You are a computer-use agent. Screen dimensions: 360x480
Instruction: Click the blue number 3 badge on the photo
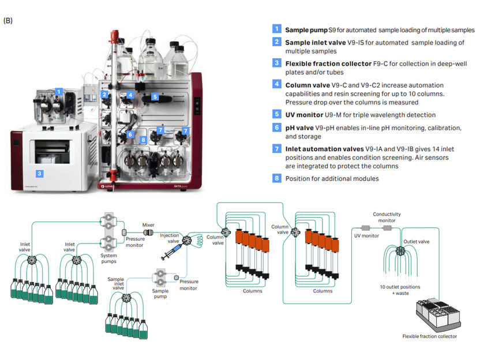[x=39, y=173]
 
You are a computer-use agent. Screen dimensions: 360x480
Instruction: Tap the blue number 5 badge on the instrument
[x=155, y=97]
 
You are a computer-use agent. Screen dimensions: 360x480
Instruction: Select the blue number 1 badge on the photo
[x=58, y=91]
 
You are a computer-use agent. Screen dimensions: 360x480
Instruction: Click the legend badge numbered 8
[x=277, y=178]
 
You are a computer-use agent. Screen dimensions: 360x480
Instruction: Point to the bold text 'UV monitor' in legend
[x=304, y=115]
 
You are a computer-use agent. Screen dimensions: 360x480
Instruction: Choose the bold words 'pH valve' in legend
[x=301, y=127]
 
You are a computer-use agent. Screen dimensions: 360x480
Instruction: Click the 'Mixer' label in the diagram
[x=149, y=225]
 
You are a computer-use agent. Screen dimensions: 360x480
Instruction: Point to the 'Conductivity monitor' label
[x=387, y=217]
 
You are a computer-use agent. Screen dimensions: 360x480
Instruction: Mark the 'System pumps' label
[x=108, y=258]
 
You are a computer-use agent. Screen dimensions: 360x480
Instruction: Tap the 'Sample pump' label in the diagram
[x=161, y=291]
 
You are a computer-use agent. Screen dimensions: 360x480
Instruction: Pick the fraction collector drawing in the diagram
[x=438, y=314]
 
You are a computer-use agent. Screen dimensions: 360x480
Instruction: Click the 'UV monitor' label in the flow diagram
[x=366, y=236]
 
